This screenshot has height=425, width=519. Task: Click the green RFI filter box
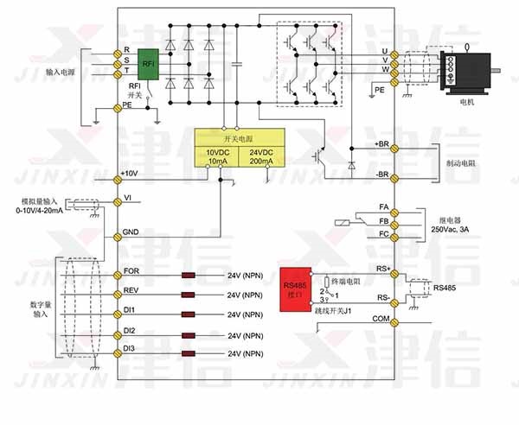point(149,63)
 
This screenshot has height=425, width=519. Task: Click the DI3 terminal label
point(130,347)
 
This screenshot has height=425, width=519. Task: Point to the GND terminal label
point(131,232)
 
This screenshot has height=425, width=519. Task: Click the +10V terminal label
point(131,173)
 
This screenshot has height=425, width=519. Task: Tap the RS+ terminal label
point(384,270)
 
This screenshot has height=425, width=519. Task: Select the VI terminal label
point(128,198)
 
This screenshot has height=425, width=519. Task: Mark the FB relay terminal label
point(384,221)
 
